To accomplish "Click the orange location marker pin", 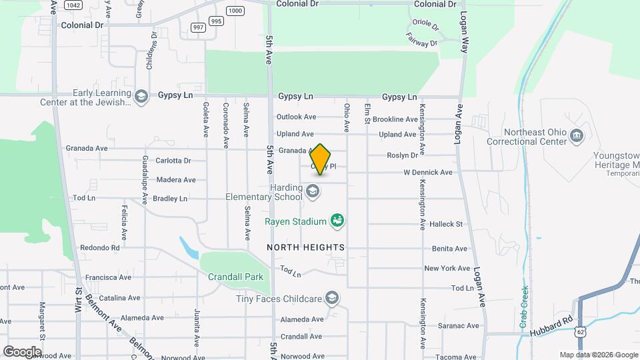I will pos(321,160).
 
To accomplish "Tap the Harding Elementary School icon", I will pos(312,192).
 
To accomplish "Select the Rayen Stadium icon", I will pos(337,221).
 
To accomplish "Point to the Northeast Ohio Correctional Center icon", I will pos(577,137).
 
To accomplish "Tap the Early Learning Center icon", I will pos(141,97).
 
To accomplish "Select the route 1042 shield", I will pos(73,5).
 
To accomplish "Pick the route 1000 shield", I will pos(235,10).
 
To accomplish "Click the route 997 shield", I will pos(198,27).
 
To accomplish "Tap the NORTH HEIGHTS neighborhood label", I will pos(306,247).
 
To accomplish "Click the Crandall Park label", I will pos(235,277).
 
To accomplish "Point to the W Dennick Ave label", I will pos(427,173).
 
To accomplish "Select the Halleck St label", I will pos(446,225).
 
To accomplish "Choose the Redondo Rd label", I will pos(99,247).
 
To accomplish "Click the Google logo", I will pos(22,351).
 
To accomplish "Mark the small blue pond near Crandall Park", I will pos(189,249).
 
